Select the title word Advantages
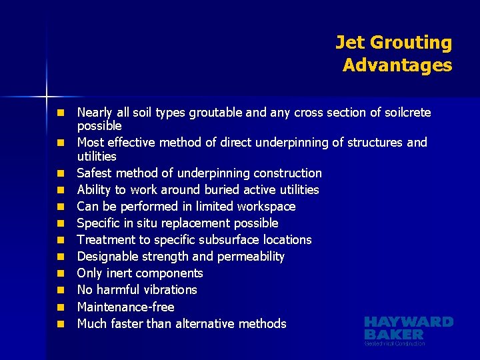(397, 65)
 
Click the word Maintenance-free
(125, 307)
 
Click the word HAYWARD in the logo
(409, 322)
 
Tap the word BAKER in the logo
(394, 334)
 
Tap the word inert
(121, 273)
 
